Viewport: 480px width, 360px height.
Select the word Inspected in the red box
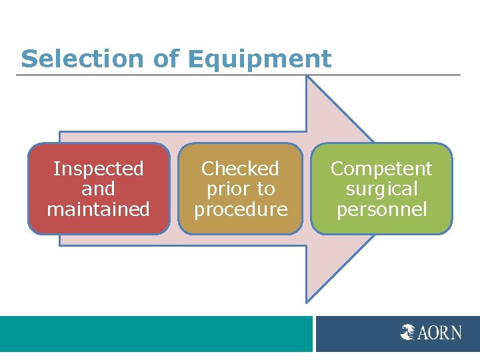click(99, 169)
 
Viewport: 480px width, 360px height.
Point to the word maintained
click(99, 209)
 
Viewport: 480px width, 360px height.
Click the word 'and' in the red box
click(99, 189)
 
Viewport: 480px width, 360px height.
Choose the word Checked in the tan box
click(240, 169)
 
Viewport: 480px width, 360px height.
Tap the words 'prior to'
click(240, 189)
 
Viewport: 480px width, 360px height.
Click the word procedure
click(240, 209)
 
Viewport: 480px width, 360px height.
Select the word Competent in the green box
click(381, 169)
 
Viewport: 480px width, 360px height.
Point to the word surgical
click(381, 189)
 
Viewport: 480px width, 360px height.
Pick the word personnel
click(381, 209)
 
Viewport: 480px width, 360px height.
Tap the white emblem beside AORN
click(409, 331)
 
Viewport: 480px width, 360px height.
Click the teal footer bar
click(156, 333)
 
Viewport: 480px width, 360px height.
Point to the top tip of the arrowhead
click(307, 77)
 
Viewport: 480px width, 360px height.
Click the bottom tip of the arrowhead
click(307, 301)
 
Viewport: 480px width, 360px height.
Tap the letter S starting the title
click(28, 59)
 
